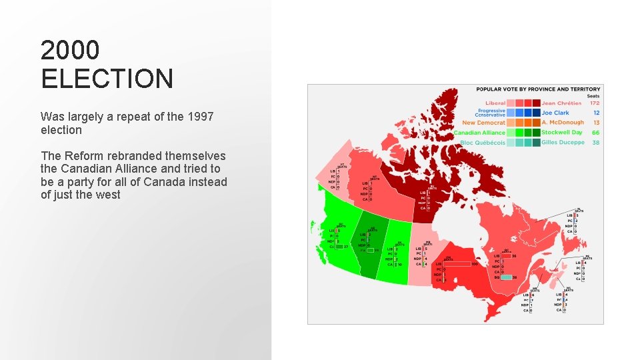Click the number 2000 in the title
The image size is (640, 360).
pos(70,50)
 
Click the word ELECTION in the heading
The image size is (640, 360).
pos(107,79)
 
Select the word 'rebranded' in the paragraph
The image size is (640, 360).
pos(113,156)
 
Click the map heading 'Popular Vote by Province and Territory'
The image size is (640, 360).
pos(538,89)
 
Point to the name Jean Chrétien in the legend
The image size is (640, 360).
pos(561,103)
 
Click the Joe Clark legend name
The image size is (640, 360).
pos(555,113)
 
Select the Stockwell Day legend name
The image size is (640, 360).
pos(561,132)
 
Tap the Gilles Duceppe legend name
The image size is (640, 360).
pos(563,142)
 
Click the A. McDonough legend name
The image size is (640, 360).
pos(562,123)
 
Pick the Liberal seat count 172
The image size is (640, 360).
pos(595,103)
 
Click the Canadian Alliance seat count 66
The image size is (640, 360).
pos(595,132)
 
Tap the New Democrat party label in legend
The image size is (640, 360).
pos(484,123)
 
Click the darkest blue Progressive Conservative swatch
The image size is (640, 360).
pos(536,113)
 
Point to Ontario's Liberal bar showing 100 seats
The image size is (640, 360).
pos(456,264)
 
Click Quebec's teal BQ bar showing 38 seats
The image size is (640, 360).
pos(506,277)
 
